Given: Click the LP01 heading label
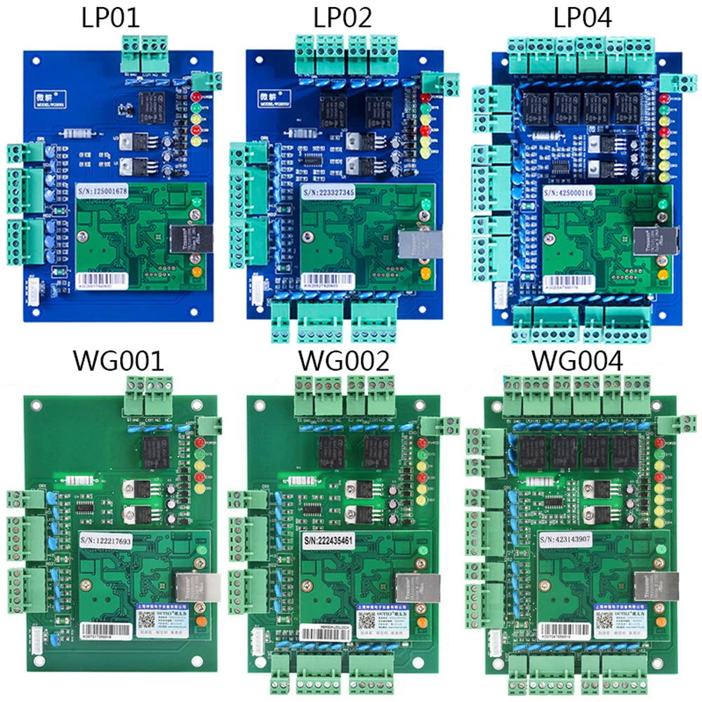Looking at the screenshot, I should [x=110, y=18].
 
